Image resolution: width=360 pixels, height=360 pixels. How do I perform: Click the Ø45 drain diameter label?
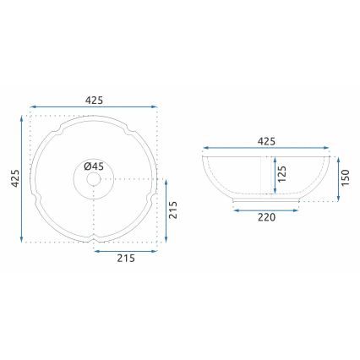(94, 166)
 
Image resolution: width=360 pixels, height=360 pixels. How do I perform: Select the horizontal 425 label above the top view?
(94, 100)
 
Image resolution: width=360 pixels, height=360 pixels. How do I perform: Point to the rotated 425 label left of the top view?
(14, 178)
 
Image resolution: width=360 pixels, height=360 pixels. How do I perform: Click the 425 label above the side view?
(266, 141)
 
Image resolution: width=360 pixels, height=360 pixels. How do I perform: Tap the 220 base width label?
(266, 218)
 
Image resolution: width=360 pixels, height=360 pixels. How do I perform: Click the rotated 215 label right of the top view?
(173, 210)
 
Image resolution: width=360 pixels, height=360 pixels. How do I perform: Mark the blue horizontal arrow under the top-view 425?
(94, 108)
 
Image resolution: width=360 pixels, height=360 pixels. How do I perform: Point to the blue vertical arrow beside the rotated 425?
(22, 178)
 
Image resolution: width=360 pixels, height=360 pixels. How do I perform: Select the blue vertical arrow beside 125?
(274, 176)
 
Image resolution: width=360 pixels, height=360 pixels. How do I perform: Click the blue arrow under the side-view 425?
(266, 150)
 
